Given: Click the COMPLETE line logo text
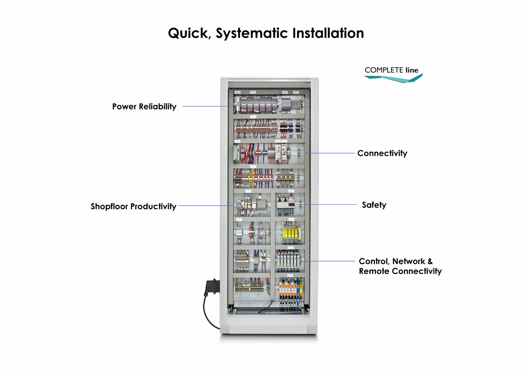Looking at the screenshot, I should click(391, 70).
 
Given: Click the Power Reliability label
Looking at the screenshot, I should click(144, 106).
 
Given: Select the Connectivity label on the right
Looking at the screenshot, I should click(382, 154).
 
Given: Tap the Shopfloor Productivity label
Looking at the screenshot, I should click(134, 206).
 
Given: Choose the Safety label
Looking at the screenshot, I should click(374, 205).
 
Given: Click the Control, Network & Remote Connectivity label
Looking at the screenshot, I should click(400, 266).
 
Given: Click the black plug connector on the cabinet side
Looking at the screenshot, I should click(211, 287).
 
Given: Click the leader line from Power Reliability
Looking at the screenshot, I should click(207, 106).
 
